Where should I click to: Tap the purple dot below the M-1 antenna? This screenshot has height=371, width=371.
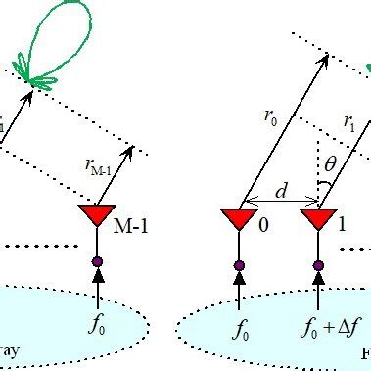tap(97, 261)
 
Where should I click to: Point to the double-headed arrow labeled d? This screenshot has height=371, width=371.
tap(279, 205)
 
